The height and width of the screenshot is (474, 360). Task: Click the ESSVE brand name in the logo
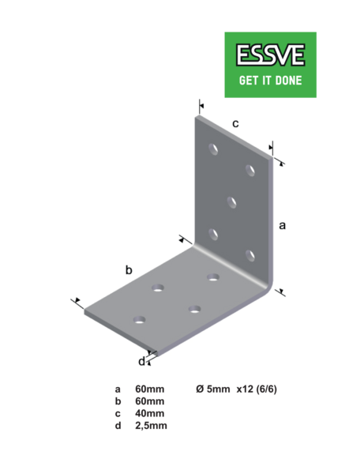270,55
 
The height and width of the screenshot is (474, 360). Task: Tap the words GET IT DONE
270,81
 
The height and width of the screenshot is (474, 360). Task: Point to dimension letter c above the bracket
235,124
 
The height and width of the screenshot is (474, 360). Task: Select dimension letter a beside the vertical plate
282,225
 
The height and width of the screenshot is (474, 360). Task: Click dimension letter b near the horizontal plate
129,269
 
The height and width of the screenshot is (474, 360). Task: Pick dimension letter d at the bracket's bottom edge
141,361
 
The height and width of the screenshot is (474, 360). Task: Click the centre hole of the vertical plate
231,202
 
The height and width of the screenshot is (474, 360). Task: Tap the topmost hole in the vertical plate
213,149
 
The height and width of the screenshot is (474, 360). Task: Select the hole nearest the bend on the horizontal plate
213,277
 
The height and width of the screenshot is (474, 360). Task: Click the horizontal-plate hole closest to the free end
139,320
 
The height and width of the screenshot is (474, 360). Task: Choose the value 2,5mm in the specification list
151,426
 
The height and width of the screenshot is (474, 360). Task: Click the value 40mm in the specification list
150,413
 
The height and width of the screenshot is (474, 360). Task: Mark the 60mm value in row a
150,389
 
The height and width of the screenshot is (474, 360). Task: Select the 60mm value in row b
150,401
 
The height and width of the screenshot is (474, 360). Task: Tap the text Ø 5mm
213,389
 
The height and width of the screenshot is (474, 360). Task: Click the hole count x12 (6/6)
257,389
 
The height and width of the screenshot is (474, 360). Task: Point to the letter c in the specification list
118,413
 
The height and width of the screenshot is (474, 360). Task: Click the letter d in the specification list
118,425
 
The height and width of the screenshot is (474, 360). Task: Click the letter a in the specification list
118,389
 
